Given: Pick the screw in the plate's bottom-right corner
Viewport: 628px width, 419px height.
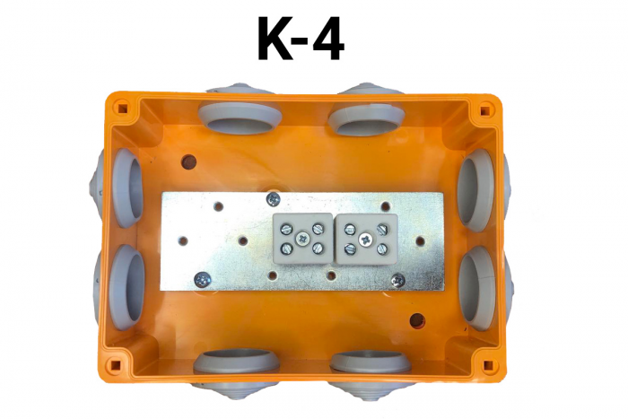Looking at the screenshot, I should point(398,280).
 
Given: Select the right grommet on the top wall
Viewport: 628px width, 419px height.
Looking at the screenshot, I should point(365,117).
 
